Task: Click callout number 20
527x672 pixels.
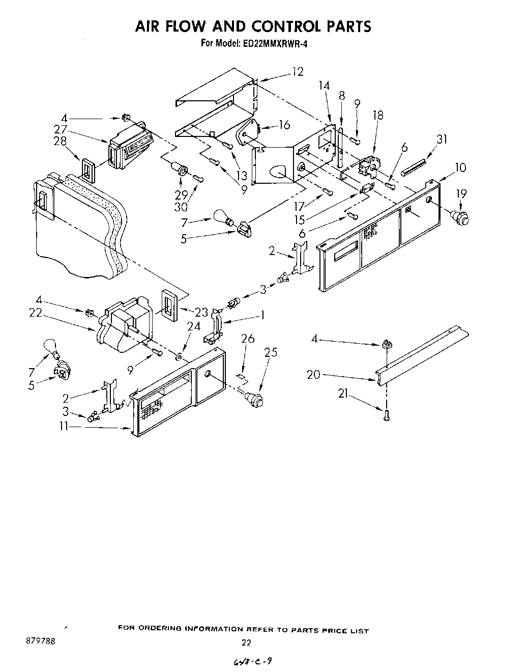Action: click(x=313, y=375)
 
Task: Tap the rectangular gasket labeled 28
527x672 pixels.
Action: click(x=88, y=169)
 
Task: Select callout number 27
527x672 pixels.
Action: click(x=61, y=129)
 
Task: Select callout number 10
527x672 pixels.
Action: click(x=460, y=167)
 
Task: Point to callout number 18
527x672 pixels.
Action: click(x=377, y=115)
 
